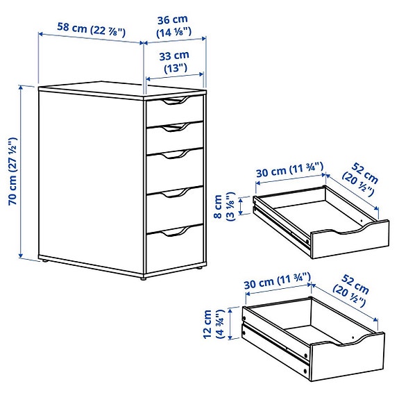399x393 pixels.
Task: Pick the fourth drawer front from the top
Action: [175, 203]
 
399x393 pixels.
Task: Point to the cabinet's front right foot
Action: [144, 276]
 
